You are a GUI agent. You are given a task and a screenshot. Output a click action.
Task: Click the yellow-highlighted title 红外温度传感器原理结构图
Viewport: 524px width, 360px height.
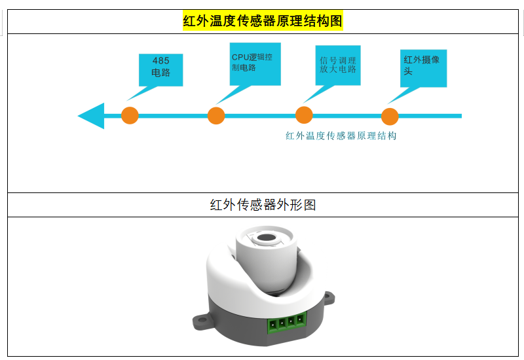263,21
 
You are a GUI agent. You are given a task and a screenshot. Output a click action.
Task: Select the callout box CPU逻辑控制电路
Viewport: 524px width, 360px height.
255,63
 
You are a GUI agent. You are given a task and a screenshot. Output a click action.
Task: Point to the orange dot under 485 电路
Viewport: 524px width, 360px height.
130,116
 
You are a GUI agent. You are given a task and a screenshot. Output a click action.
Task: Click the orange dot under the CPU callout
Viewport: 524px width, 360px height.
216,116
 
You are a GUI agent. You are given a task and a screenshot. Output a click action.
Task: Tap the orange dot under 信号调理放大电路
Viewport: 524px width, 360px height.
304,116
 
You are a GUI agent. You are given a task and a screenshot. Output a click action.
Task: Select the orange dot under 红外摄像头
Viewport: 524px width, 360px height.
390,117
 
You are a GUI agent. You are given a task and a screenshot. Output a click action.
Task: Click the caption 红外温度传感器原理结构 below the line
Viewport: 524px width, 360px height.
341,136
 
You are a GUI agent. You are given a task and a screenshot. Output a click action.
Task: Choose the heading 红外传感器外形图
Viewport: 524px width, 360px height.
263,205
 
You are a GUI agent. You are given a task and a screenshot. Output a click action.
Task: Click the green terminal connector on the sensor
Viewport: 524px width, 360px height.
286,321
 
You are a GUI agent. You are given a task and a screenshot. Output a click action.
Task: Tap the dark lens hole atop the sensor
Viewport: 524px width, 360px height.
267,239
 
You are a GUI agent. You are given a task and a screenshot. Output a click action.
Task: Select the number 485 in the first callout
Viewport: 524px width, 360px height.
160,61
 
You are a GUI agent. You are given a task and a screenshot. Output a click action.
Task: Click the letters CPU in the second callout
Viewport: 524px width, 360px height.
240,57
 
